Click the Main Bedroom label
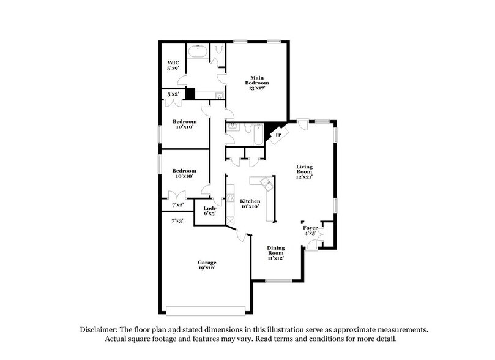click(x=257, y=82)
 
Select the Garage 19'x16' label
click(x=206, y=264)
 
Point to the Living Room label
click(x=304, y=171)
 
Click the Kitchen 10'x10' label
click(x=250, y=204)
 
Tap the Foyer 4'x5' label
click(x=310, y=230)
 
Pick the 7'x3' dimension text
click(x=177, y=220)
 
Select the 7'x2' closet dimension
click(x=177, y=204)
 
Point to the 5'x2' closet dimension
click(x=174, y=94)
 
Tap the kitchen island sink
click(x=266, y=184)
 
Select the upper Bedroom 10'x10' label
click(x=184, y=124)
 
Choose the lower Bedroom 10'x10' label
click(x=184, y=173)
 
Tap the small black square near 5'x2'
click(x=190, y=94)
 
